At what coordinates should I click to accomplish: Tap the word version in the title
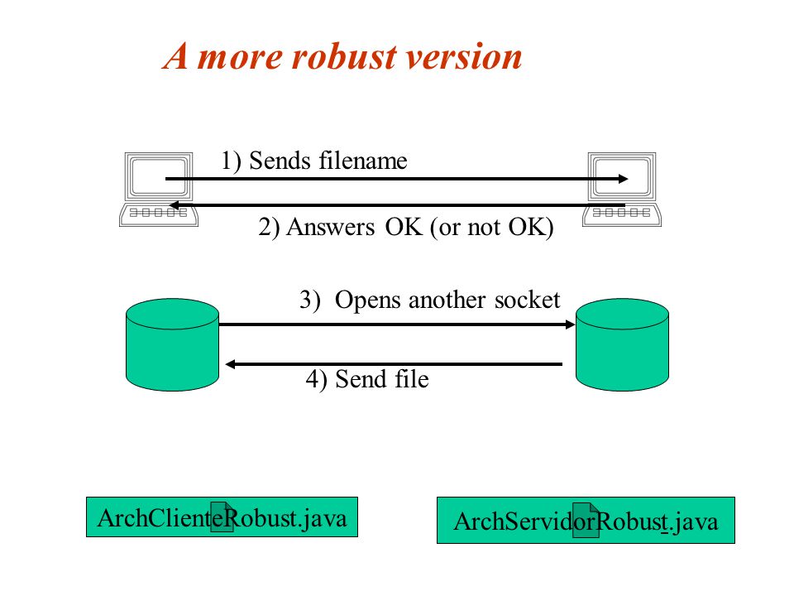point(464,57)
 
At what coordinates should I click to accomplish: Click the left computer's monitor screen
point(159,175)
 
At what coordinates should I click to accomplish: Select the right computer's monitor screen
point(622,175)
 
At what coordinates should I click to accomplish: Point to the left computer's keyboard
point(159,214)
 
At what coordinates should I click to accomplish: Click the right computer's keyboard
point(622,214)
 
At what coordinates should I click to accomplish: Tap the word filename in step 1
point(362,161)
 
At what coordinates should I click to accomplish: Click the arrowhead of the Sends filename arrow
point(624,179)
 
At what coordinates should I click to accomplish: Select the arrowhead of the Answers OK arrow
point(175,205)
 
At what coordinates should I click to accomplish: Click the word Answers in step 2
point(331,227)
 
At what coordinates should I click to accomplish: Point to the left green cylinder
point(172,344)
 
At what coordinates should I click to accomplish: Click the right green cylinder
point(622,344)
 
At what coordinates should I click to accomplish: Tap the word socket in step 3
point(527,300)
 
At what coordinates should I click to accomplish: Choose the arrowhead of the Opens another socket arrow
point(570,324)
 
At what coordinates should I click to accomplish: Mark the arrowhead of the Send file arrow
point(231,364)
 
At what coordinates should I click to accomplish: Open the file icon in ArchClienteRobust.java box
point(222,517)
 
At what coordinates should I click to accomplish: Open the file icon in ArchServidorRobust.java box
point(586,520)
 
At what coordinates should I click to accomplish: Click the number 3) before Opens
point(310,300)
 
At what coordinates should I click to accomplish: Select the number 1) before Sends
point(231,161)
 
